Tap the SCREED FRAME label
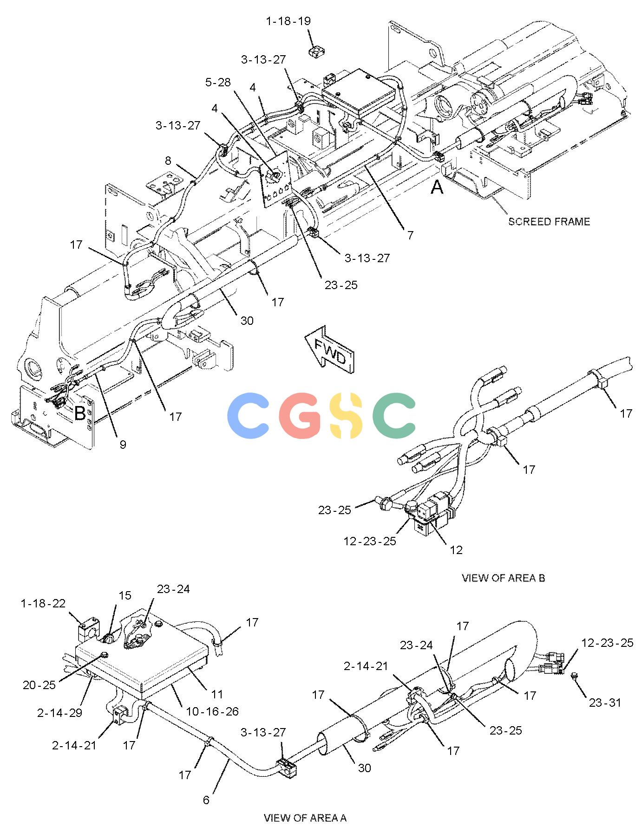[549, 221]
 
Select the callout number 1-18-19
[288, 21]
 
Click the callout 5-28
[218, 82]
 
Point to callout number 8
[168, 161]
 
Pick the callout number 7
[410, 235]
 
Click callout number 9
[123, 445]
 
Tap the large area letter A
[437, 187]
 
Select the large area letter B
[80, 413]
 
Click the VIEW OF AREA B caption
[503, 578]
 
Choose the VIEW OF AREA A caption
[305, 818]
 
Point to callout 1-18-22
[43, 603]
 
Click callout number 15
[125, 595]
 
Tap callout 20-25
[39, 685]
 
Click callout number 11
[217, 694]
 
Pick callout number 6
[206, 800]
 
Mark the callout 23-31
[605, 703]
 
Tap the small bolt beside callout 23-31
[575, 675]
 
